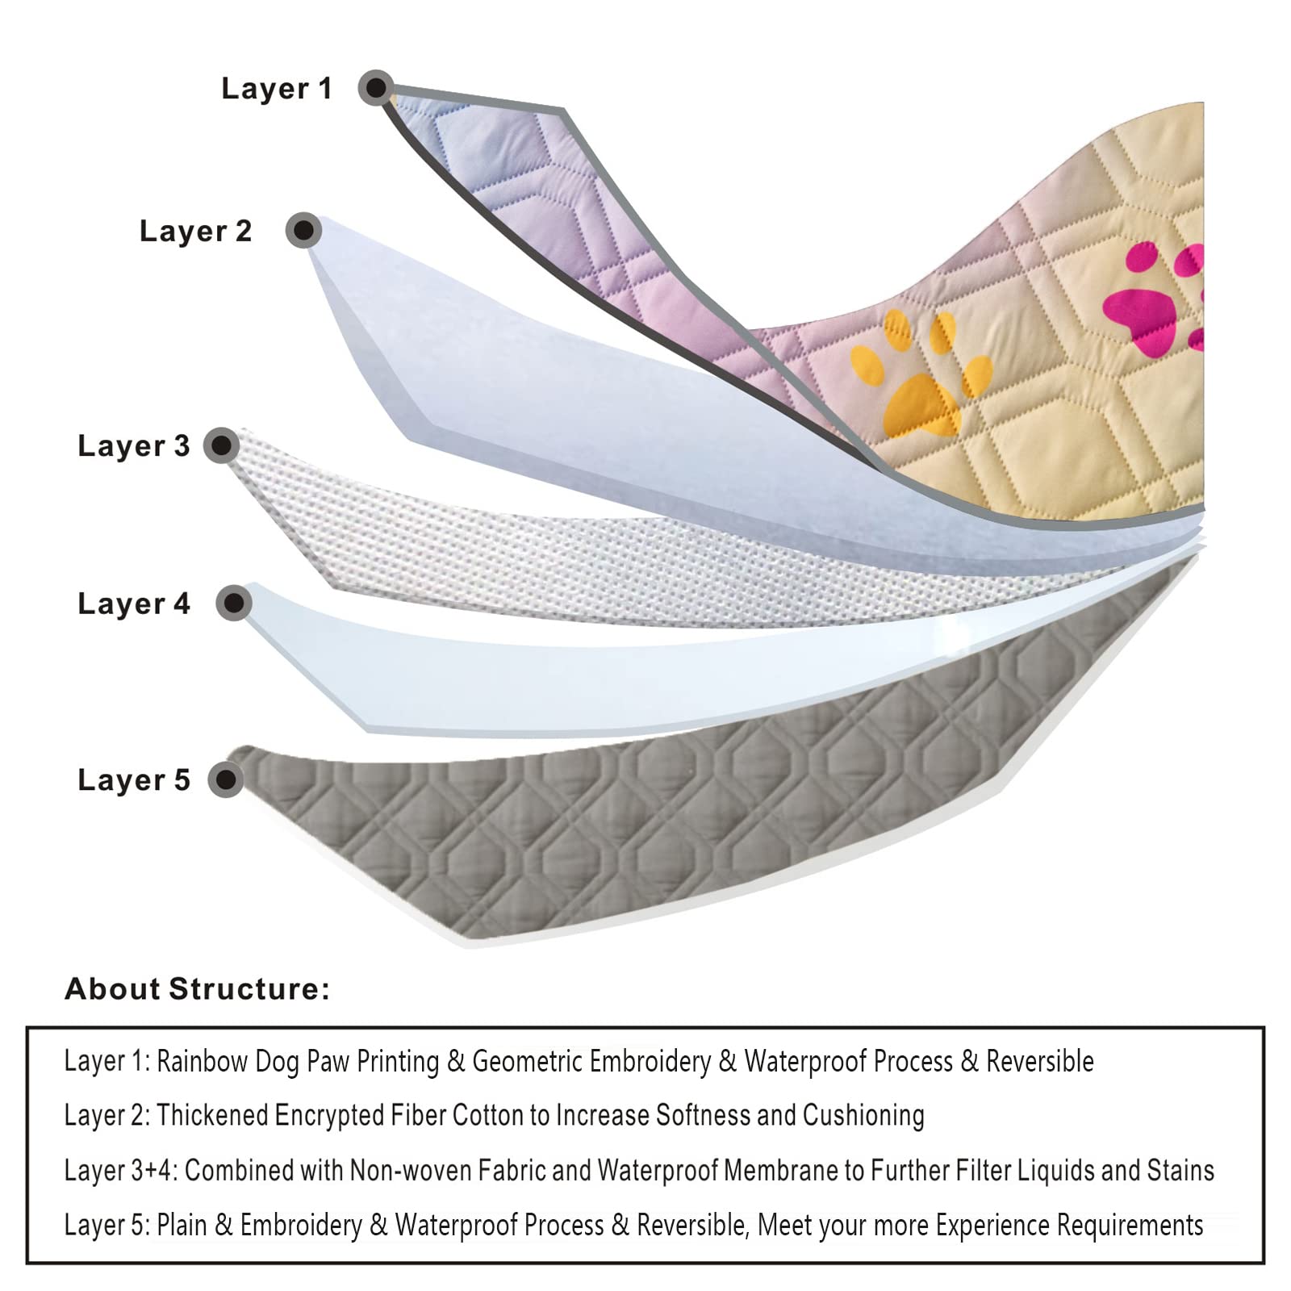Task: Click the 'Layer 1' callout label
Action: tap(277, 89)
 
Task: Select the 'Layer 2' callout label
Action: tap(195, 232)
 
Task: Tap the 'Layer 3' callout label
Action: tap(134, 445)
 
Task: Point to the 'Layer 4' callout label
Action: tap(134, 604)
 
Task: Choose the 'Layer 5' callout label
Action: tap(134, 780)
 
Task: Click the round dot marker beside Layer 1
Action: tap(376, 87)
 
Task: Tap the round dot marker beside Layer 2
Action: tap(303, 231)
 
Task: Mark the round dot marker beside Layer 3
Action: tap(221, 445)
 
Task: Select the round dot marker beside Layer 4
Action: tap(234, 603)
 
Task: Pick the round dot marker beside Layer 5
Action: tap(226, 780)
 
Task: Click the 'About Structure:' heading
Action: tap(197, 989)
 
